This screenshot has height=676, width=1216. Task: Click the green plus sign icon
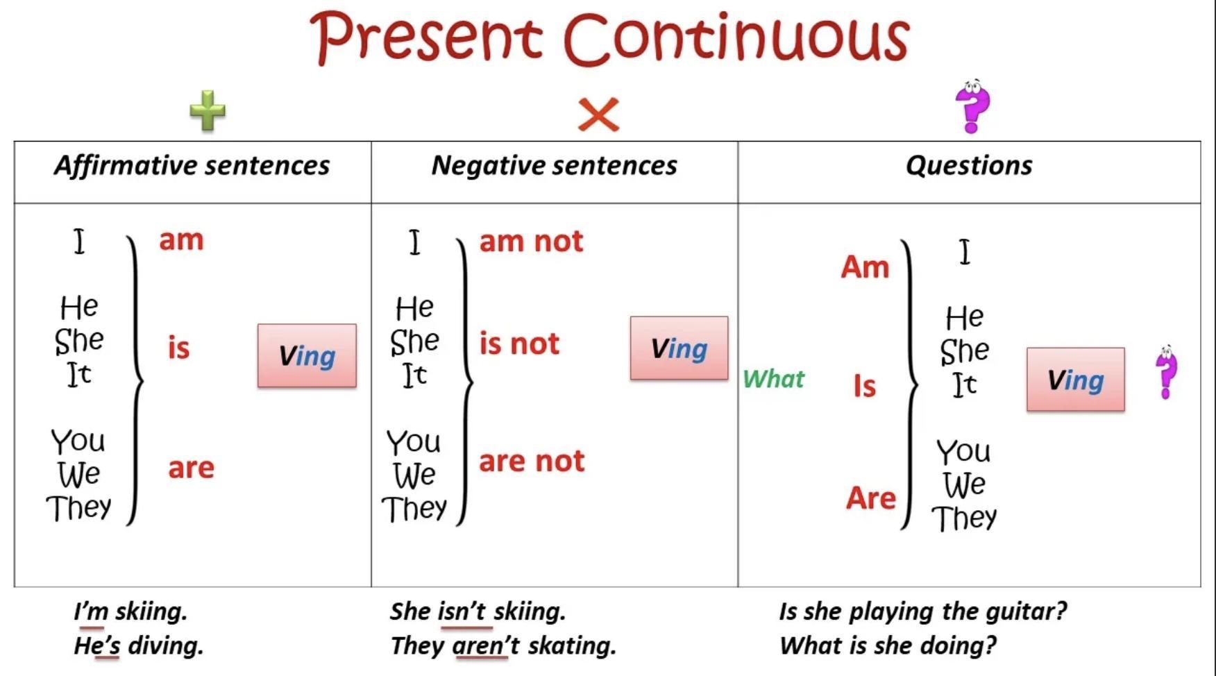point(208,110)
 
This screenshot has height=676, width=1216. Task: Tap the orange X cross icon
point(598,115)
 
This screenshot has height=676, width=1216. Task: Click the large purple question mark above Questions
point(972,106)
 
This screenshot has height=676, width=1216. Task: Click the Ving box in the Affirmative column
point(307,355)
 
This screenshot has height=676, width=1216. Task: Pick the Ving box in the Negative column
point(679,348)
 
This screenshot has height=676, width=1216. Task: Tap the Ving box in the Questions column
point(1075,380)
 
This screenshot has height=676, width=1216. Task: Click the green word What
point(773,379)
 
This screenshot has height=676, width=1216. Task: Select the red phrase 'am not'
point(531,241)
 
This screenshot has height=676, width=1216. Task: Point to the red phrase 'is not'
point(519,343)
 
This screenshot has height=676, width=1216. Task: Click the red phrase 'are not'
point(532,461)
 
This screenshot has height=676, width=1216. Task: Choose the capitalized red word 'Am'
point(865,267)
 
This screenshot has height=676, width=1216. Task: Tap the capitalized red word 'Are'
point(871,498)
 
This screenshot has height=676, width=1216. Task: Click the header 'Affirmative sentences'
point(192,166)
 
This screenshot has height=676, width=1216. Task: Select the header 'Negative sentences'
point(554,166)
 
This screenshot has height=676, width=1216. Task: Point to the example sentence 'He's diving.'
point(138,645)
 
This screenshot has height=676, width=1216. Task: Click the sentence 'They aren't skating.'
point(503,645)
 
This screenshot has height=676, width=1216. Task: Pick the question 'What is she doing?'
point(887,645)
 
